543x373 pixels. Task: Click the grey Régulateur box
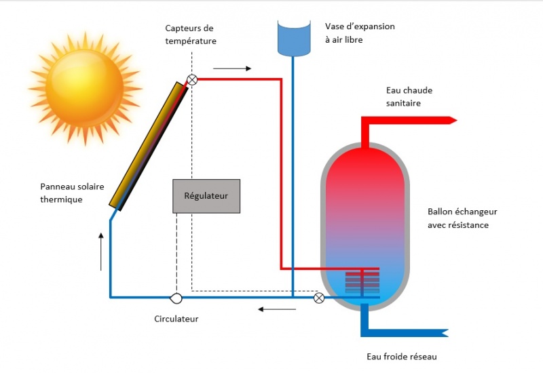[x=206, y=196]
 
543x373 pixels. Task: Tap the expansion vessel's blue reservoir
[x=293, y=37]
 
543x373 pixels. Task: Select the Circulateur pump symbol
[x=176, y=297]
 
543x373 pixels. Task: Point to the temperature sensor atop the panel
[x=192, y=79]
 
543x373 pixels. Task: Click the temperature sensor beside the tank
[x=319, y=297]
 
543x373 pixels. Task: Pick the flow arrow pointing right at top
[x=231, y=68]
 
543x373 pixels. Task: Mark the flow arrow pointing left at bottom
[x=276, y=310]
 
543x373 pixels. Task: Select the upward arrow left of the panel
[x=101, y=251]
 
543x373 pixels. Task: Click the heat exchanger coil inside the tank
[x=362, y=279]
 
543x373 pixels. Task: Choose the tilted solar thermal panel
[x=149, y=144]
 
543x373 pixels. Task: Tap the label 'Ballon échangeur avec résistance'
[x=458, y=218]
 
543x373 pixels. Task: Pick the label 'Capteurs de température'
[x=191, y=34]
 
